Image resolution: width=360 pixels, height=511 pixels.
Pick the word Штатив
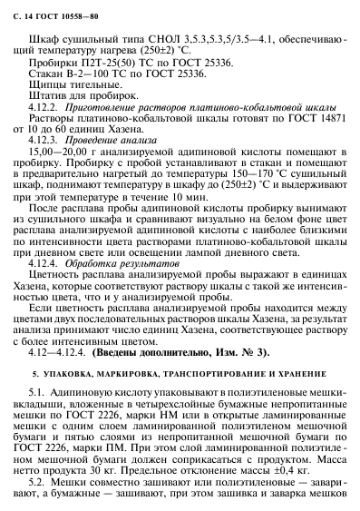(49, 104)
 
